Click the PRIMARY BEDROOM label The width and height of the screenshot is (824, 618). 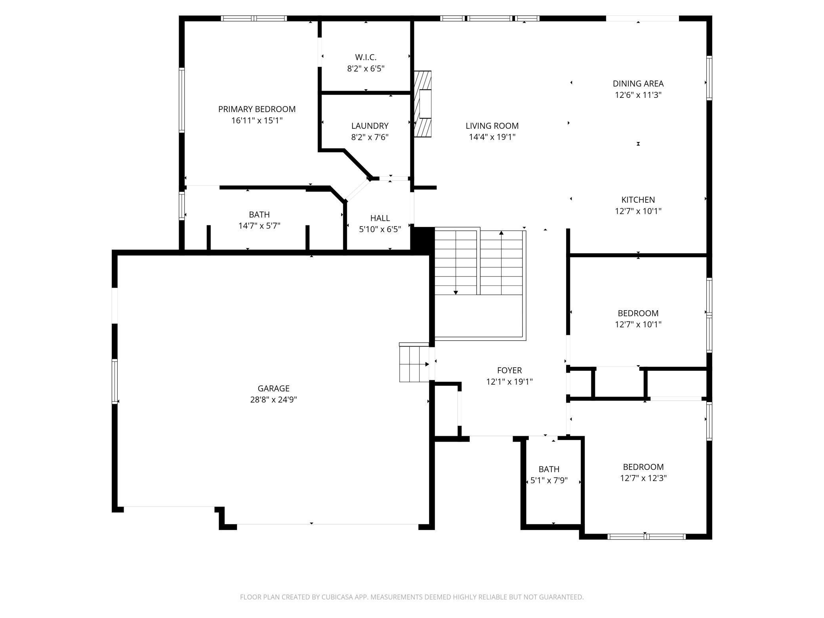click(x=257, y=109)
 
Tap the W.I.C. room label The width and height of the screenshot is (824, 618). click(x=366, y=57)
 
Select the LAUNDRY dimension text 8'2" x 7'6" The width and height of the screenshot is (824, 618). click(x=370, y=137)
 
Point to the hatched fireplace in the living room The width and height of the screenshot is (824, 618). click(x=422, y=104)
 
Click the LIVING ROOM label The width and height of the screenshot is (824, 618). click(x=492, y=126)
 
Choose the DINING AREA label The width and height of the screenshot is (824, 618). click(x=638, y=84)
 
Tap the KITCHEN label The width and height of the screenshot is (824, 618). click(x=638, y=200)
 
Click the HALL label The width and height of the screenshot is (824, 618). click(x=380, y=218)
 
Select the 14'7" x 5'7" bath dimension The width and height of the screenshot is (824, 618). click(x=259, y=226)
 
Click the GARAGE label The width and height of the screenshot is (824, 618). click(x=273, y=388)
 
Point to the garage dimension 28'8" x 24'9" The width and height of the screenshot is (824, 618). click(x=273, y=399)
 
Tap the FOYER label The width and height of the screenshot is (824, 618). click(x=509, y=370)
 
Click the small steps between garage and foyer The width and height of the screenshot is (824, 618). click(x=414, y=362)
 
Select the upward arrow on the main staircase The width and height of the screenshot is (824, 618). click(x=501, y=263)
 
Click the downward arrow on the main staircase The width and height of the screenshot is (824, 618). click(x=456, y=263)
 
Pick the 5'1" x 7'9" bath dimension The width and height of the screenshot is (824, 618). click(x=549, y=481)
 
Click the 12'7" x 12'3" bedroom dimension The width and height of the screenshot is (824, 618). click(x=643, y=478)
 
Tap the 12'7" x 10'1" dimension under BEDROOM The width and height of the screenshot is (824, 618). click(x=638, y=324)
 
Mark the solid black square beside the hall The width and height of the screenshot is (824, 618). click(x=422, y=238)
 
